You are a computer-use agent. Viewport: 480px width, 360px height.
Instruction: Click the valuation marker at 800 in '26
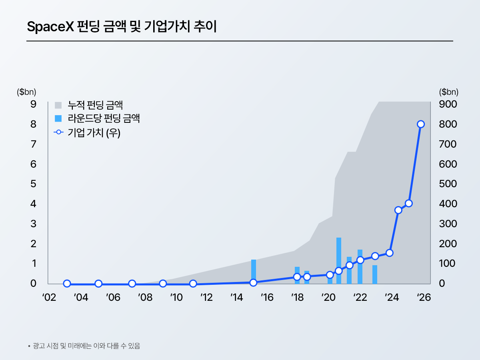pyautogui.click(x=421, y=124)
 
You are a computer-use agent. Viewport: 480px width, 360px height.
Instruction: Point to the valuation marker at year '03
pyautogui.click(x=67, y=284)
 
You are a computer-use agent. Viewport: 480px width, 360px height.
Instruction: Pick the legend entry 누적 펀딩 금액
pyautogui.click(x=89, y=105)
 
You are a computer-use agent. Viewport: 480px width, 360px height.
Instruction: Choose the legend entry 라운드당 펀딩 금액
pyautogui.click(x=97, y=118)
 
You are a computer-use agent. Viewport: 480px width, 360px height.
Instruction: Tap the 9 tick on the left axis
pyautogui.click(x=33, y=104)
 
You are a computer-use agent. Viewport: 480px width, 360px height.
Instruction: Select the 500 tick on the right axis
pyautogui.click(x=448, y=184)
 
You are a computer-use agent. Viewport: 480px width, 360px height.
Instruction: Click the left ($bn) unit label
pyautogui.click(x=27, y=92)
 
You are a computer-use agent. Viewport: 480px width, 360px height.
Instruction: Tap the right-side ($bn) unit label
pyautogui.click(x=449, y=92)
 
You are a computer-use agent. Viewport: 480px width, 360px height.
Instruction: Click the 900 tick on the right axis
pyautogui.click(x=448, y=104)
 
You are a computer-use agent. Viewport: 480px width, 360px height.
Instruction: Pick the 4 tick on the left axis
pyautogui.click(x=33, y=204)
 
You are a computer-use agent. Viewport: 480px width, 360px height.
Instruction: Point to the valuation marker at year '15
pyautogui.click(x=253, y=282)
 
